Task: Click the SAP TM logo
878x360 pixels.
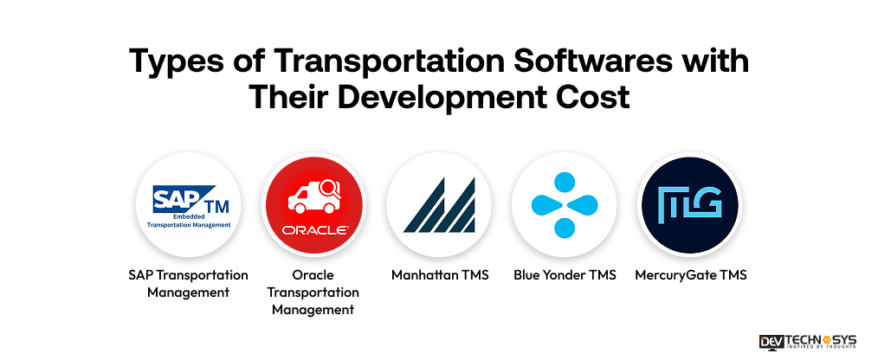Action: pyautogui.click(x=188, y=204)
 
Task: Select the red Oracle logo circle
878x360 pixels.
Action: pyautogui.click(x=313, y=205)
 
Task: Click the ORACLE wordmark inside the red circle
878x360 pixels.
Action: pyautogui.click(x=313, y=230)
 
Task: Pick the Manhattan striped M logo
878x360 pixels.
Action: pyautogui.click(x=438, y=205)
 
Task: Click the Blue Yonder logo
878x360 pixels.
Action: pyautogui.click(x=564, y=205)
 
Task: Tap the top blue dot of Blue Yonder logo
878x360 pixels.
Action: pyautogui.click(x=564, y=182)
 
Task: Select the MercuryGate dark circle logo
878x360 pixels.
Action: pyautogui.click(x=689, y=205)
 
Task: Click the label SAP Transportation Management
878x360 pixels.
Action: pyautogui.click(x=188, y=283)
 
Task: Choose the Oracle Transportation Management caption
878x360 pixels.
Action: pyautogui.click(x=313, y=292)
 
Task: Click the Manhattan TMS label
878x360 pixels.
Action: pyautogui.click(x=438, y=275)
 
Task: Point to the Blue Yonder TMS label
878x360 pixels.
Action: pyautogui.click(x=564, y=275)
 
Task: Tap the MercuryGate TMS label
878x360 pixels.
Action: pyautogui.click(x=689, y=275)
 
